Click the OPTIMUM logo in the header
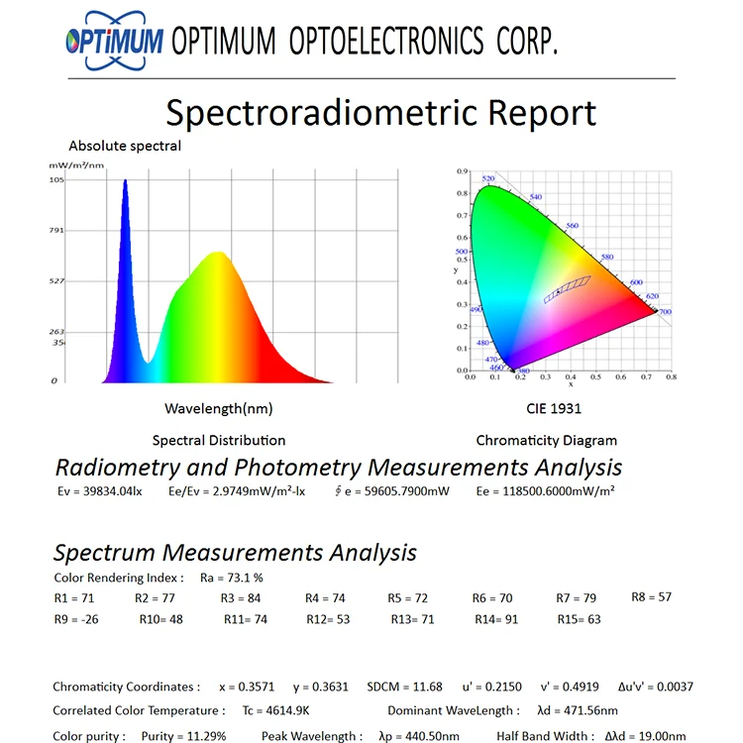[x=112, y=41]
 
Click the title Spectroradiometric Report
[x=380, y=112]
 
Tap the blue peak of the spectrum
[x=125, y=184]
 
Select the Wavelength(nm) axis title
[x=218, y=408]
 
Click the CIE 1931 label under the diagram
[x=553, y=408]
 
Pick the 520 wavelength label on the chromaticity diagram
[x=488, y=179]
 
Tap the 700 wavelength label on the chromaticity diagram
[x=664, y=312]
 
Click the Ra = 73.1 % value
[x=231, y=578]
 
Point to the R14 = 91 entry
[x=495, y=619]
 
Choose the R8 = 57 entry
[x=651, y=597]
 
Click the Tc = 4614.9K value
[x=276, y=710]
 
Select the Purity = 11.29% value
[x=183, y=736]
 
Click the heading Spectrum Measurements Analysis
[x=235, y=553]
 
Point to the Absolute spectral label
[x=125, y=147]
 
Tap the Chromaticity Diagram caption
[x=546, y=441]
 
